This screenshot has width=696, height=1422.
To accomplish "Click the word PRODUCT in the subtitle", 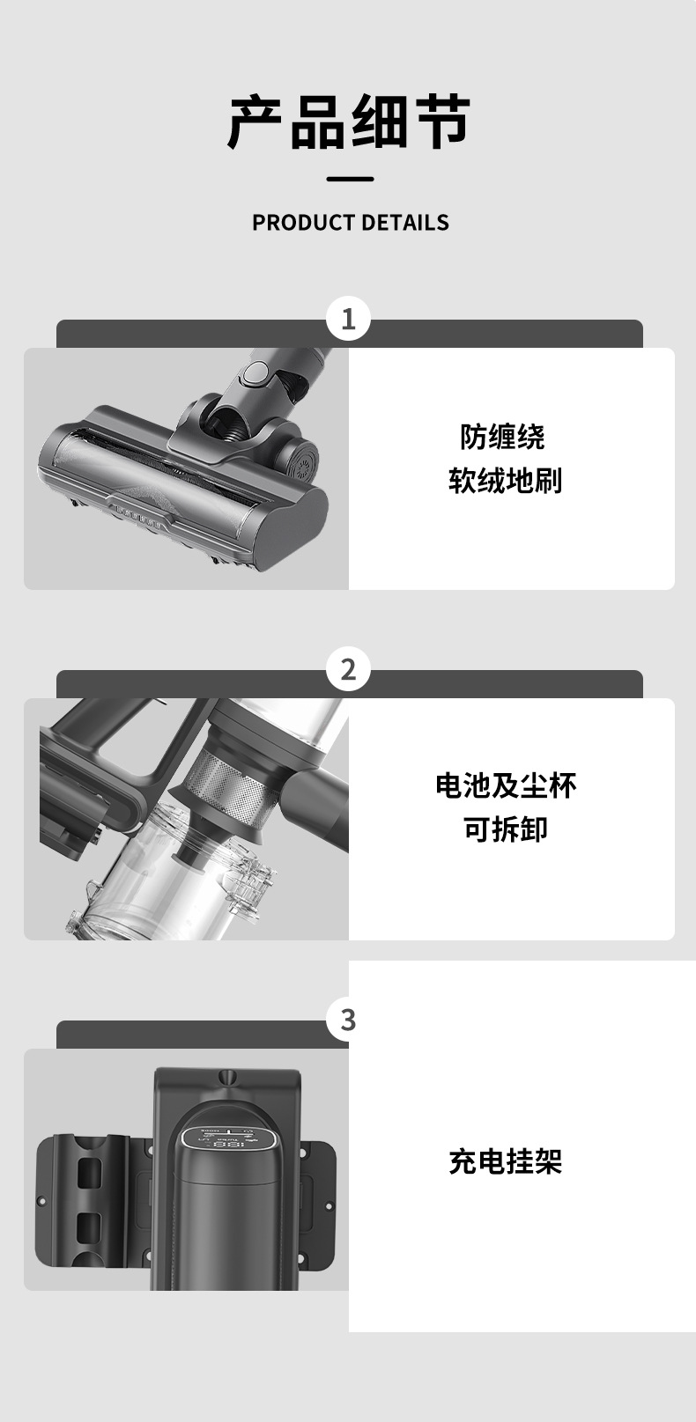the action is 304,223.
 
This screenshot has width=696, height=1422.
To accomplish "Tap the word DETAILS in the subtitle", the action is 405,223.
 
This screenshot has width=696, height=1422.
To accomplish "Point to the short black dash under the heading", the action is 350,179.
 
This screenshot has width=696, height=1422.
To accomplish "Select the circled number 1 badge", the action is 348,318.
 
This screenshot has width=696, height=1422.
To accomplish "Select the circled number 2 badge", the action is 348,669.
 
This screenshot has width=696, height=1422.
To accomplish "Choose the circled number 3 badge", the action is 348,1020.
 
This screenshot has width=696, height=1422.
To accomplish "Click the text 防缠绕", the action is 502,438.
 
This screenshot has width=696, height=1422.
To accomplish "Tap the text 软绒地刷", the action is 506,481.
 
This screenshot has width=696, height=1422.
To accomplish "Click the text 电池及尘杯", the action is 506,786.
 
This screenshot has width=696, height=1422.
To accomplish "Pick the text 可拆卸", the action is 506,829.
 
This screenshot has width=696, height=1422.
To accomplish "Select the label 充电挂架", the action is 506,1161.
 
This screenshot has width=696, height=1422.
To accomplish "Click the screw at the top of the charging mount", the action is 227,1077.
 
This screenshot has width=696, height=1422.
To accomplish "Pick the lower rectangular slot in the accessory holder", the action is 89,1230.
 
